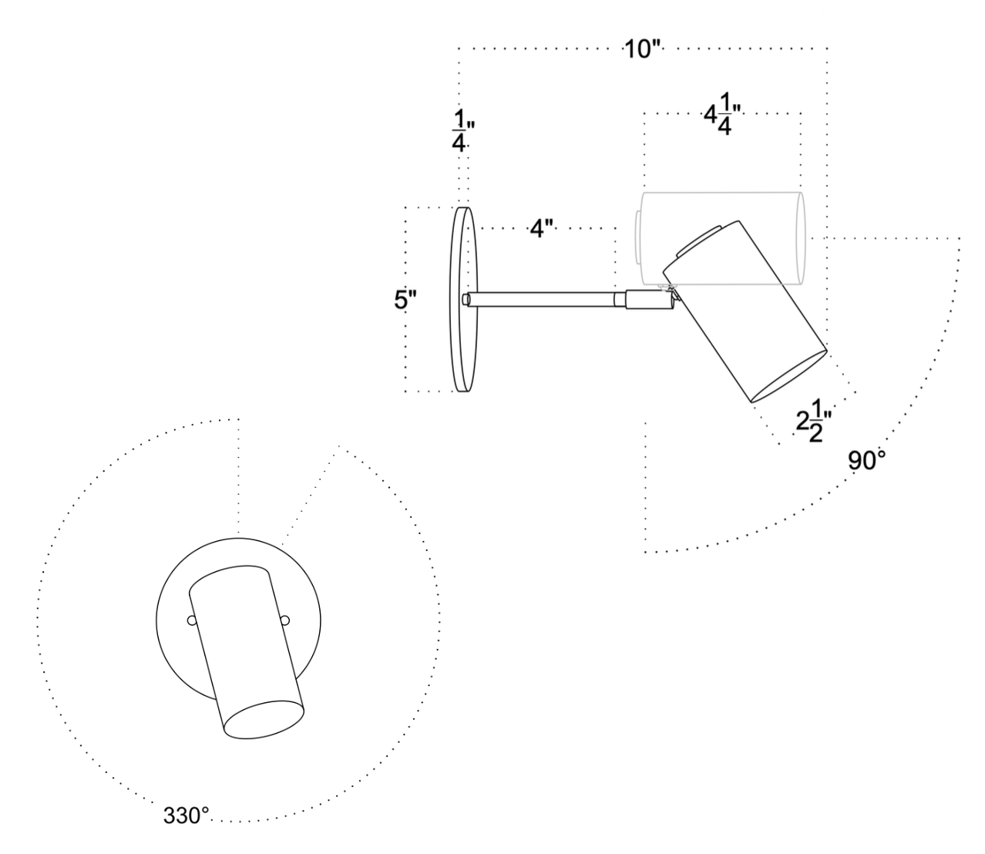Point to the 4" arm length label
[542, 229]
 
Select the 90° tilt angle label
[867, 462]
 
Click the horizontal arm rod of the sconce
[543, 299]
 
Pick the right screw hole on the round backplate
[285, 620]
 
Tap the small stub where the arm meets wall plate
[466, 299]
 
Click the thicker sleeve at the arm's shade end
[646, 299]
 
